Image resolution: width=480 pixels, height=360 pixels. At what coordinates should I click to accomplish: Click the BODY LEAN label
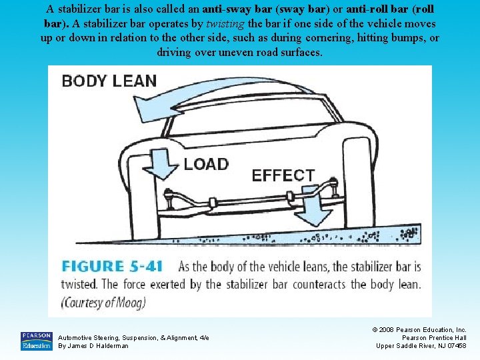click(109, 81)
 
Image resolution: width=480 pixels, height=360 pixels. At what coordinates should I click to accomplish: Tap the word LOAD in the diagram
click(205, 163)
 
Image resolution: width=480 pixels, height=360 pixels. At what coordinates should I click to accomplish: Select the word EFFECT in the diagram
click(283, 175)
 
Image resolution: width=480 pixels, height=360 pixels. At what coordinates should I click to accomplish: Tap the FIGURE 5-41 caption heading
click(112, 267)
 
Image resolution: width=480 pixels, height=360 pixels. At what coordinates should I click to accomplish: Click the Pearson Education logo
click(36, 341)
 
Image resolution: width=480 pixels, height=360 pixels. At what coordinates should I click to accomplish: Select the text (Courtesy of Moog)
click(103, 302)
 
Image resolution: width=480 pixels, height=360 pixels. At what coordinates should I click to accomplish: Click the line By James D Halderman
click(93, 346)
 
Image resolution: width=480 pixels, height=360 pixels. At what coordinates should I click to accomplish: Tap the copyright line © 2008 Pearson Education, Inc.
click(420, 329)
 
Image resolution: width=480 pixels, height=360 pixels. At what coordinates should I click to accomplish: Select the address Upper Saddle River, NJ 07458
click(421, 345)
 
